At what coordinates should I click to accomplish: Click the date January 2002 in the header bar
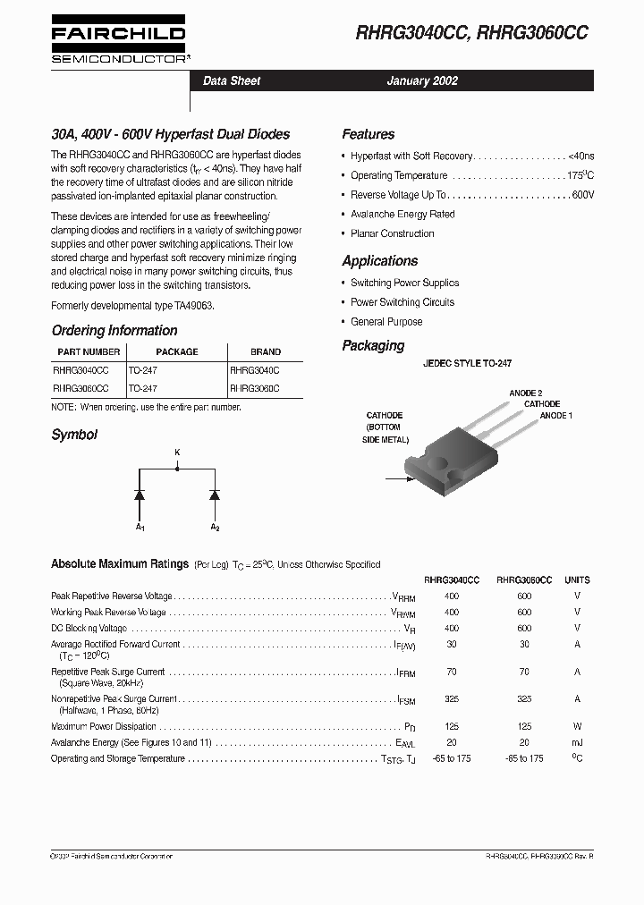point(422,80)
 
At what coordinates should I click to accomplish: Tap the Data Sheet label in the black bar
point(232,80)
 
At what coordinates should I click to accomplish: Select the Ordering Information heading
point(114,331)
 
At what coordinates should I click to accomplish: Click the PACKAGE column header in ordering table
point(176,352)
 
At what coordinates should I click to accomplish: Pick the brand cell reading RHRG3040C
point(255,369)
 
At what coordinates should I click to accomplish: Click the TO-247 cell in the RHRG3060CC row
point(143,389)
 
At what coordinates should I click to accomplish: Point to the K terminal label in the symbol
point(177,453)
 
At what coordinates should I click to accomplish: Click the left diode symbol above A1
point(140,494)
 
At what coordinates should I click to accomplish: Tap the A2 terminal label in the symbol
point(215,528)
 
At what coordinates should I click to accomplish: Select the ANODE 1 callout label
point(555,416)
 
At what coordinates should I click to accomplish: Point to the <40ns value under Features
point(580,156)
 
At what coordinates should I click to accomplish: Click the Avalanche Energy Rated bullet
point(402,215)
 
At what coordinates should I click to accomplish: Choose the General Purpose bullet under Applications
point(386,322)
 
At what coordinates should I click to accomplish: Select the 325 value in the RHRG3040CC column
point(451,699)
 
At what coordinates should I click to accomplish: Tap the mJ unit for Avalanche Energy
point(577,742)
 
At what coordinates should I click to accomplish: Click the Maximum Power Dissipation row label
point(105,727)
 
